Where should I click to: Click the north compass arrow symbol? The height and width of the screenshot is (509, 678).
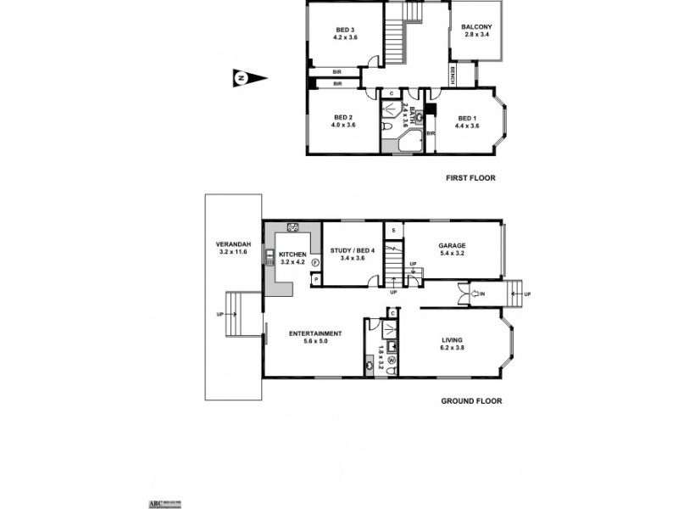(249, 79)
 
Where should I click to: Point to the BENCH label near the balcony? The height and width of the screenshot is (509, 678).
(453, 76)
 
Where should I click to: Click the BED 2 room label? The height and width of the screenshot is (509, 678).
(342, 120)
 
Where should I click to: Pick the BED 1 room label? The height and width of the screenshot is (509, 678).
(467, 121)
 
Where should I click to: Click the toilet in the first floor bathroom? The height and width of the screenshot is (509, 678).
(386, 126)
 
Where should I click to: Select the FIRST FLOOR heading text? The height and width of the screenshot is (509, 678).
(470, 178)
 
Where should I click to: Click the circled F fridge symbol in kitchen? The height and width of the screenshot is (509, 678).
(314, 263)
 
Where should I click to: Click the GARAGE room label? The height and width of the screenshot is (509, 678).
(453, 249)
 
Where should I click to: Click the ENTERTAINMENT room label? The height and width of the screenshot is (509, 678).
(314, 337)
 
